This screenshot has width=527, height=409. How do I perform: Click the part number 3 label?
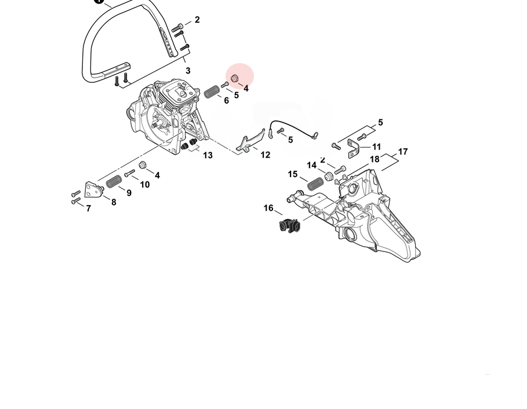(188, 71)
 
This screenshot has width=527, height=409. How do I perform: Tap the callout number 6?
(226, 100)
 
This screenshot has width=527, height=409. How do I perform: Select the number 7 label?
(88, 209)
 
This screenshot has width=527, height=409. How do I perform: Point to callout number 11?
(377, 147)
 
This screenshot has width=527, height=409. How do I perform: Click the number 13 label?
(208, 155)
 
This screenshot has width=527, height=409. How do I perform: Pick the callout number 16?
(268, 208)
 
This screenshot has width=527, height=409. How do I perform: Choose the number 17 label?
(403, 152)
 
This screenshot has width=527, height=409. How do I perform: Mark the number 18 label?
(375, 159)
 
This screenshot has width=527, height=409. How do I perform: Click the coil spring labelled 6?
(212, 92)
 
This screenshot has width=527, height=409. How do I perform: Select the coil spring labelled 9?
(114, 182)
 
